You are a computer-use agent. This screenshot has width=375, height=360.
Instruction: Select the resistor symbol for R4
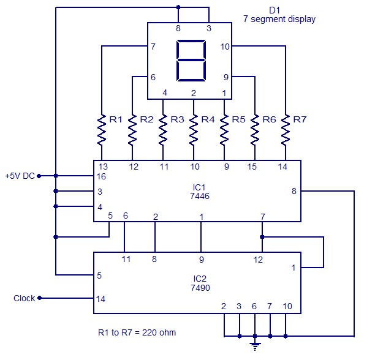194,129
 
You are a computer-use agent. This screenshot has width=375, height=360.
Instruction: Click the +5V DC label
19,176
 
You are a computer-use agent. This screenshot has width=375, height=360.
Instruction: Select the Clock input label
25,299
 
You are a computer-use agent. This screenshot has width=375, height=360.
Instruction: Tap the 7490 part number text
197,287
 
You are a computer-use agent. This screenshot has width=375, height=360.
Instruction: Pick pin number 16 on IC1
101,176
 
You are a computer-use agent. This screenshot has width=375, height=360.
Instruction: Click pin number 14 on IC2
101,299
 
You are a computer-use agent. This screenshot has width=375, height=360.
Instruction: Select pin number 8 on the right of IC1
294,192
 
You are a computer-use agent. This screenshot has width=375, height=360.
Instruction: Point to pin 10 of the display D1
225,46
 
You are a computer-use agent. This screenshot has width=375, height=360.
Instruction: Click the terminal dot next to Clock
40,299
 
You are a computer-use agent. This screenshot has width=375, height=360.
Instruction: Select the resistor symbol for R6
255,129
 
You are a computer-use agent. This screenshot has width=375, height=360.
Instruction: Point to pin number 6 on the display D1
153,77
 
